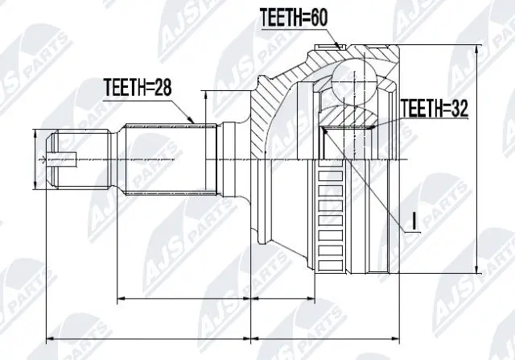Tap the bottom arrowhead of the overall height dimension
pos(480,272)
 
